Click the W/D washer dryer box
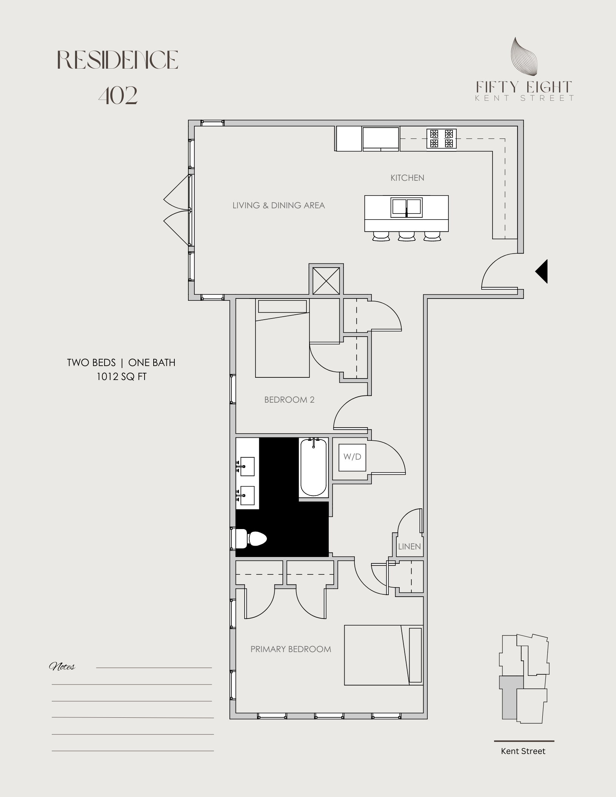352,457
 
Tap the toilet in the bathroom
251,539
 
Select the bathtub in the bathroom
313,468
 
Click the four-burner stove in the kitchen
441,138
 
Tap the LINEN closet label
409,546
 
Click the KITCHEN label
407,178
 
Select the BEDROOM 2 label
289,400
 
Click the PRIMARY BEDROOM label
291,649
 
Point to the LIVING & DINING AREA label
279,205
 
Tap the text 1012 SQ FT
121,376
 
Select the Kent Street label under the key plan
523,751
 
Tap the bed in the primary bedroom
383,655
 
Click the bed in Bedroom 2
282,338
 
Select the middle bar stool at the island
407,236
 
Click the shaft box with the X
326,280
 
